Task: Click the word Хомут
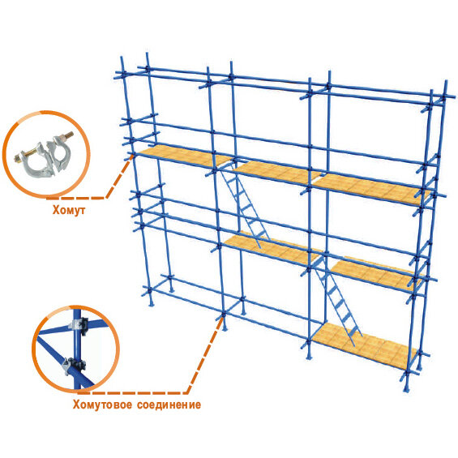(x=69, y=210)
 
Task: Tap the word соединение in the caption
(x=169, y=405)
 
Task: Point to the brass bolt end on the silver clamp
(x=69, y=135)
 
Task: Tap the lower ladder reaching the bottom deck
(x=338, y=301)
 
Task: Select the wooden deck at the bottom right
(x=365, y=345)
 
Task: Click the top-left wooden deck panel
(x=184, y=156)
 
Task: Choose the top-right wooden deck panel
(x=371, y=187)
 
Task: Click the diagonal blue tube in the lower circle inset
(x=66, y=363)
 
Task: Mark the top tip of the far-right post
(x=446, y=81)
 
